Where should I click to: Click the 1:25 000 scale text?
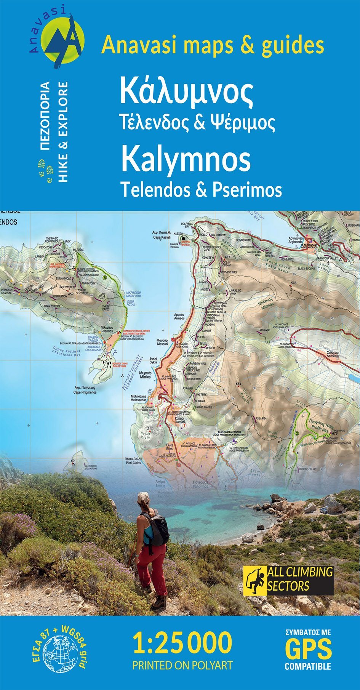[x=182, y=643]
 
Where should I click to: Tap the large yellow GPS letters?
[x=308, y=650]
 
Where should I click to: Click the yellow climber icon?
[x=255, y=580]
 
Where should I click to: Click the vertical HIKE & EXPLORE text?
[x=63, y=131]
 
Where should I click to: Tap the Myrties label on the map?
[x=145, y=375]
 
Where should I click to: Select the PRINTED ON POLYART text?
[x=182, y=665]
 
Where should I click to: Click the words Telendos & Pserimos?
[x=201, y=189]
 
